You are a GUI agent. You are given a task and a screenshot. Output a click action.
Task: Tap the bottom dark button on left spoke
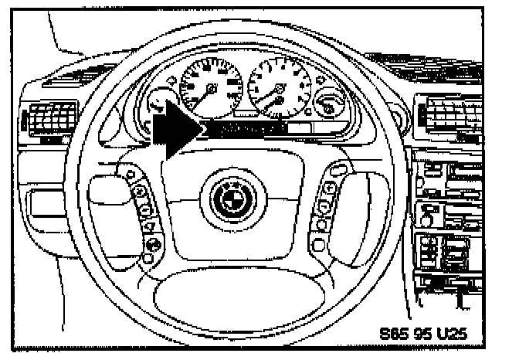pos(151,246)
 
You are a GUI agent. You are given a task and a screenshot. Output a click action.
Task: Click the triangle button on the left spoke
pos(151,226)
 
